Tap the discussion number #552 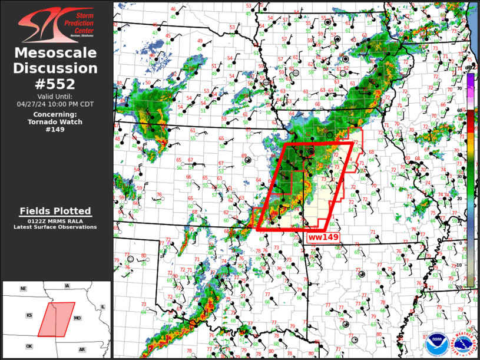point(57,84)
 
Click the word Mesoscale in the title point(57,53)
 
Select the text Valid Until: point(57,96)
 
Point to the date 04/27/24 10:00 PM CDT point(57,104)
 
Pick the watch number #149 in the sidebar point(57,130)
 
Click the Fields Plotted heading point(55,211)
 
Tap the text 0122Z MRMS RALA point(55,221)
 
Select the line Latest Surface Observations point(55,227)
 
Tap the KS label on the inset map point(28,316)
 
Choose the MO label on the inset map point(77,318)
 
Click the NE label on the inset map point(23,289)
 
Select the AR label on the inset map point(82,349)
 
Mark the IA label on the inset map point(67,286)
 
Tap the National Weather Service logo point(461,343)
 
